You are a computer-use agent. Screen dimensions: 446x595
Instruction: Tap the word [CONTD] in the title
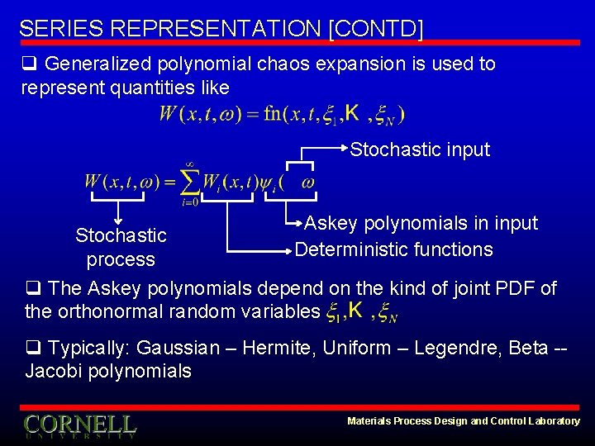pos(375,29)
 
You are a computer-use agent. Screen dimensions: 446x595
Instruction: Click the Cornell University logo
pos(80,425)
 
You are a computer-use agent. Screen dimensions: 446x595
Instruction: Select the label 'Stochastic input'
pos(420,149)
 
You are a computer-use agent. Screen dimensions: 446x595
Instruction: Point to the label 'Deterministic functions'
pos(394,249)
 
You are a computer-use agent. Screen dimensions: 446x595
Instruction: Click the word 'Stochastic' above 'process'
pos(121,235)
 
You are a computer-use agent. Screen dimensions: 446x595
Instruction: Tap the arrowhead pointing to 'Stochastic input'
pos(345,149)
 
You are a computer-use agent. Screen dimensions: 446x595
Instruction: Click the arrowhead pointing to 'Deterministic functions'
pos(290,249)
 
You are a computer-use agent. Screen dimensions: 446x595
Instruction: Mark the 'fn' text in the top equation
pos(273,115)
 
